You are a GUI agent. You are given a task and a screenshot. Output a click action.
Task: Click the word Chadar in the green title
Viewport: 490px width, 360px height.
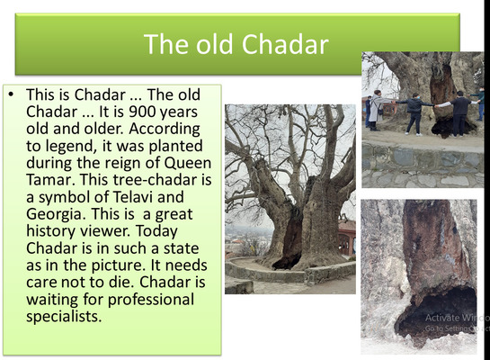click(285, 44)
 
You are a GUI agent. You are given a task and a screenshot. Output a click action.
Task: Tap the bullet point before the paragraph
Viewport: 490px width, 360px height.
click(12, 94)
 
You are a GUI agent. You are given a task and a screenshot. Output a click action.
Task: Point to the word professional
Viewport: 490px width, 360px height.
click(151, 300)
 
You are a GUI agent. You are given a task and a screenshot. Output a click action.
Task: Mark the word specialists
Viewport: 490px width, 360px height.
click(64, 317)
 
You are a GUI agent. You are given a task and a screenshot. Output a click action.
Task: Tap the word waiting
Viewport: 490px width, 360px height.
click(52, 300)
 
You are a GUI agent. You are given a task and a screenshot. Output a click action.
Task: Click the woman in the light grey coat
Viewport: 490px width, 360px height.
click(377, 110)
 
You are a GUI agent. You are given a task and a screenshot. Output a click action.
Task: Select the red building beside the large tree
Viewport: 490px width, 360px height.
click(347, 238)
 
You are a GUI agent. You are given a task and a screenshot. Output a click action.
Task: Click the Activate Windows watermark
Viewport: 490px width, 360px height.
click(457, 322)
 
